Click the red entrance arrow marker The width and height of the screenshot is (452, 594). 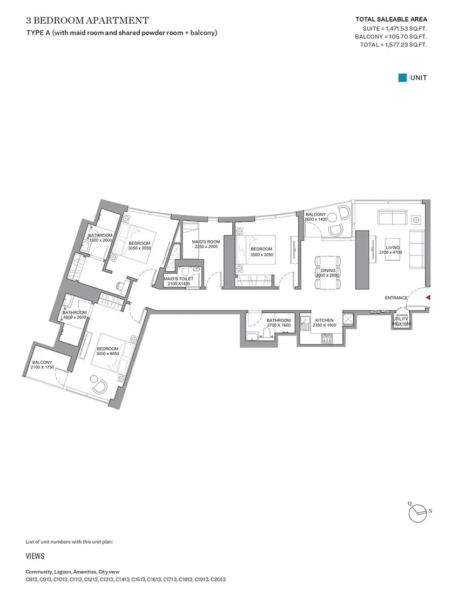tap(428, 298)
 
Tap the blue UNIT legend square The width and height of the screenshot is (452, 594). tap(402, 78)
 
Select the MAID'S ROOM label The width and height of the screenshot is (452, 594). tap(206, 242)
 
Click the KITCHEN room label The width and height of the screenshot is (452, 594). tap(325, 320)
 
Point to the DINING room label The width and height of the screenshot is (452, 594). tap(328, 271)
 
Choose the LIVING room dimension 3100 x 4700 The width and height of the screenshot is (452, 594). tap(390, 252)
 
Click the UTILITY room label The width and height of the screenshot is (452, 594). tap(401, 319)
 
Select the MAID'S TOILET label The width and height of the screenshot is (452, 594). tap(178, 279)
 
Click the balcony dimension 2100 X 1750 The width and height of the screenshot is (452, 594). tap(42, 367)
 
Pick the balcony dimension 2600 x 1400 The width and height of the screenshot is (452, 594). tap(315, 219)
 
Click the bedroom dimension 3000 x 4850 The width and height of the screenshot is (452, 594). tap(107, 354)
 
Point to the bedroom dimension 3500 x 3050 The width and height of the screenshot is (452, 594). tap(261, 254)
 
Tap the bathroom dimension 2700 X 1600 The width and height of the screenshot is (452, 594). tap(279, 325)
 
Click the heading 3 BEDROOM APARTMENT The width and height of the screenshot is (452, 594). tap(87, 21)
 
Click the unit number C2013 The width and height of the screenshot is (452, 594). tap(218, 579)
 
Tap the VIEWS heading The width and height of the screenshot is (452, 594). tap(35, 556)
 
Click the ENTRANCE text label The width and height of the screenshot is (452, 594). tap(396, 298)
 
